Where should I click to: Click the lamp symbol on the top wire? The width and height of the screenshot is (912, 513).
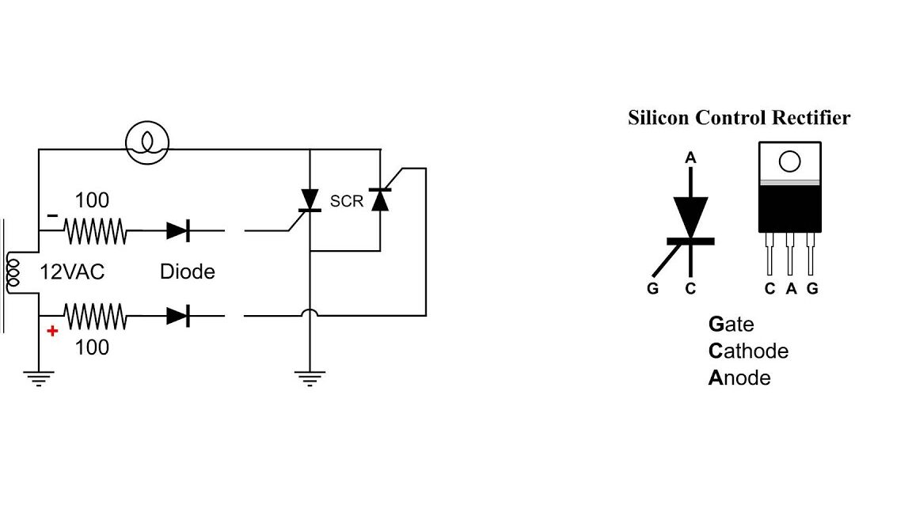147,142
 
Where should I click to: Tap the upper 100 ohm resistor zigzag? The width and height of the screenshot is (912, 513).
96,232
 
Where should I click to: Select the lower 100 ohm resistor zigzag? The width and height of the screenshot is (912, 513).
96,317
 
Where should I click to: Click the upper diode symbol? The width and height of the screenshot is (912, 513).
177,231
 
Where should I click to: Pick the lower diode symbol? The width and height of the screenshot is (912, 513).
177,316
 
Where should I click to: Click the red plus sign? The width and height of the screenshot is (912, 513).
52,331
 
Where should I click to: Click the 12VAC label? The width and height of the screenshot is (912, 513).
72,272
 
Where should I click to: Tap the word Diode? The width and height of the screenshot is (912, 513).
187,272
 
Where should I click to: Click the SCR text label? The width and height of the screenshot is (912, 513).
346,201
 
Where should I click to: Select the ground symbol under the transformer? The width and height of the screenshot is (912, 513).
38,378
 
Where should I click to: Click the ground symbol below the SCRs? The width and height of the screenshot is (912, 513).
310,378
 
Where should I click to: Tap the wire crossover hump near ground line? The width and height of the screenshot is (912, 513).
310,313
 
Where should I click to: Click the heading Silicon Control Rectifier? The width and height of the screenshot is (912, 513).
739,118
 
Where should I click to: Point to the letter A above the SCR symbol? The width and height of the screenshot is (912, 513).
690,158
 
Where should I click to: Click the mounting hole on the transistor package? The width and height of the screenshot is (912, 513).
789,161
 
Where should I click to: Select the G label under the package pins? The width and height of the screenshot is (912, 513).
812,289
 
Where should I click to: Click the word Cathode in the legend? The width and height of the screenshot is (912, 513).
748,351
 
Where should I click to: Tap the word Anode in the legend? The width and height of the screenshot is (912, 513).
739,378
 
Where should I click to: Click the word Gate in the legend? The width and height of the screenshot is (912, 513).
731,324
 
